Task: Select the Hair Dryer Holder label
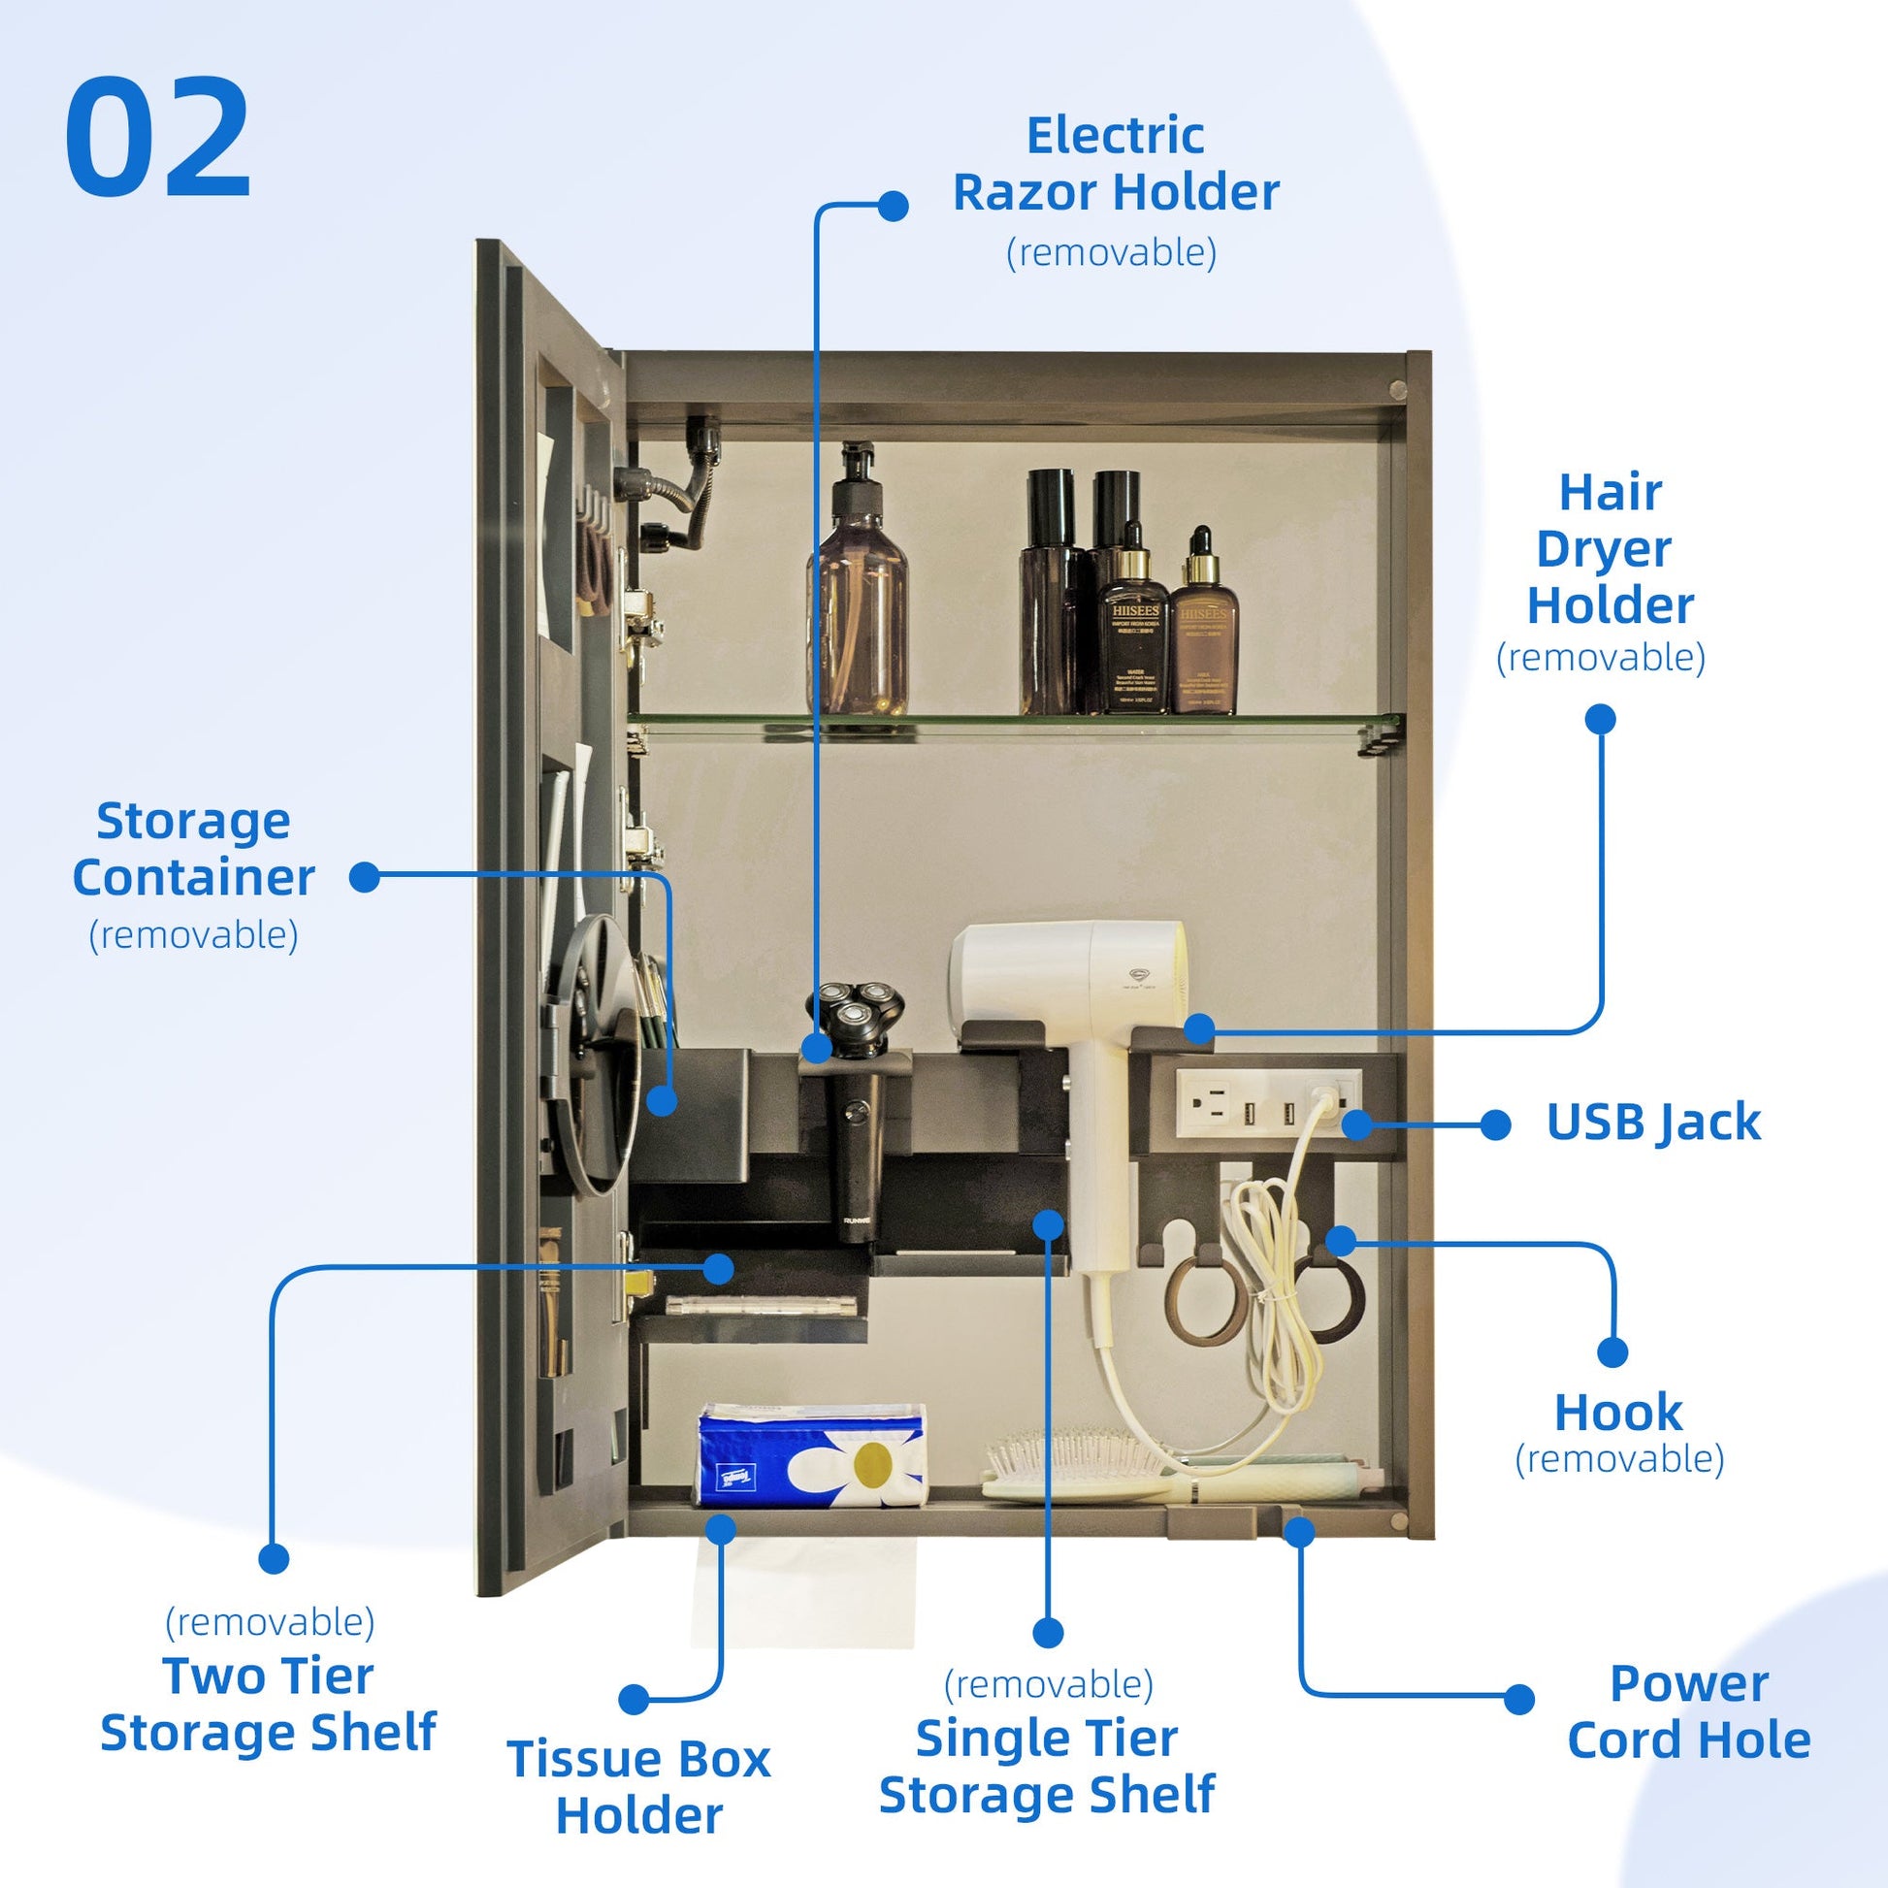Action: coord(1610,549)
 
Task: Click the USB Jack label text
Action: coord(1653,1123)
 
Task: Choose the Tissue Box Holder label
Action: coord(639,1787)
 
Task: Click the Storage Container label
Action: coord(193,850)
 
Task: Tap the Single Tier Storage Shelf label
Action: coord(1047,1767)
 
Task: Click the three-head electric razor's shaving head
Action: coord(854,1017)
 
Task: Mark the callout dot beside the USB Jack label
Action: coord(1495,1124)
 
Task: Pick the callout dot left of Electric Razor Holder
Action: coord(893,207)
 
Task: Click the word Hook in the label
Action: coord(1618,1413)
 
